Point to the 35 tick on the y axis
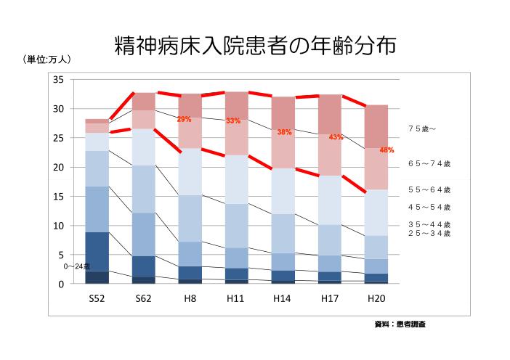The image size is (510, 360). pyautogui.click(x=60, y=79)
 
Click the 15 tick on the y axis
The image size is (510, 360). pyautogui.click(x=60, y=197)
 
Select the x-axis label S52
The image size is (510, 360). pyautogui.click(x=97, y=298)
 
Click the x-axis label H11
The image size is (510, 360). pyautogui.click(x=236, y=298)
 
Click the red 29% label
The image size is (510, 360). pyautogui.click(x=184, y=119)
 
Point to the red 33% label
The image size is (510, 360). pyautogui.click(x=232, y=120)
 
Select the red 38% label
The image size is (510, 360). pyautogui.click(x=284, y=132)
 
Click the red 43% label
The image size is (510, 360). pyautogui.click(x=336, y=136)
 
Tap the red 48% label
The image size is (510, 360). pyautogui.click(x=386, y=150)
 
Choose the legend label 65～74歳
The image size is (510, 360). pyautogui.click(x=429, y=164)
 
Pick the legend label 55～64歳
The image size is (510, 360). pyautogui.click(x=429, y=189)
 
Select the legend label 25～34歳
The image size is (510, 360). pyautogui.click(x=429, y=233)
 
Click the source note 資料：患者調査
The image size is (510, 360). pyautogui.click(x=400, y=324)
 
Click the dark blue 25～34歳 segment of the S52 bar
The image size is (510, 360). pyautogui.click(x=97, y=251)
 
